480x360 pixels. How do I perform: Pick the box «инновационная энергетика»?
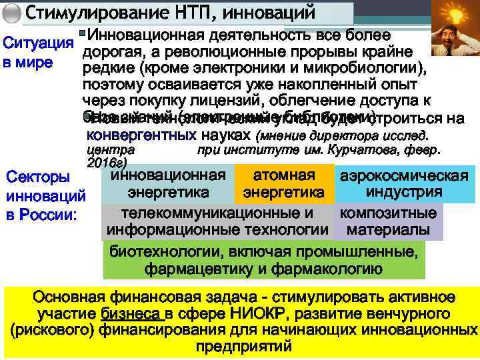[168, 184]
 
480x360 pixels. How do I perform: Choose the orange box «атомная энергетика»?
[284, 184]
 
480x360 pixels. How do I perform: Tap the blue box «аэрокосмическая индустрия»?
[404, 184]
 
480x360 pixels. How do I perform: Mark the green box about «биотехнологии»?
[264, 260]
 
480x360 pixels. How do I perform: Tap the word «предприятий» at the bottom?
[243, 347]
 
